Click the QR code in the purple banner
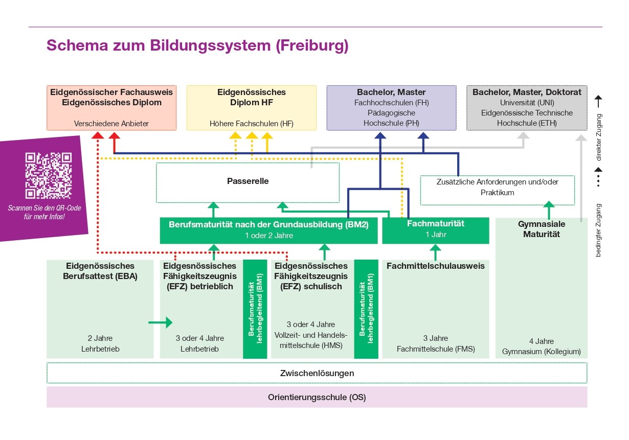point(49,175)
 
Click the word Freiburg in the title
point(311,45)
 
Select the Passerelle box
point(248,182)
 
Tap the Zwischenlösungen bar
point(317,373)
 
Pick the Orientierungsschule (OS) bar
point(317,397)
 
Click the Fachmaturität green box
point(435,229)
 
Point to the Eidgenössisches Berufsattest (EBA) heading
point(100,271)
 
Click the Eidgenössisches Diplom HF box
point(251,107)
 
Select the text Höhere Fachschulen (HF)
point(251,124)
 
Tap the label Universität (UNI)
point(527,103)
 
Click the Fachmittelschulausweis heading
point(435,266)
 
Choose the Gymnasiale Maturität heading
point(542,229)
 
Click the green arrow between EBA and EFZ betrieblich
point(160,322)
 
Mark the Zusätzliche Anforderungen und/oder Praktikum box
point(497,187)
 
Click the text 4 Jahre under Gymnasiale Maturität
point(542,341)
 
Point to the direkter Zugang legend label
point(599,137)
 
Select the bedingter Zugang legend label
point(599,230)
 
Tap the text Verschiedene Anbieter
point(111,124)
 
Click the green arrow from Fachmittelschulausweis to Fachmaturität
point(435,252)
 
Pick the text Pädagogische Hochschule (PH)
point(391,118)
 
